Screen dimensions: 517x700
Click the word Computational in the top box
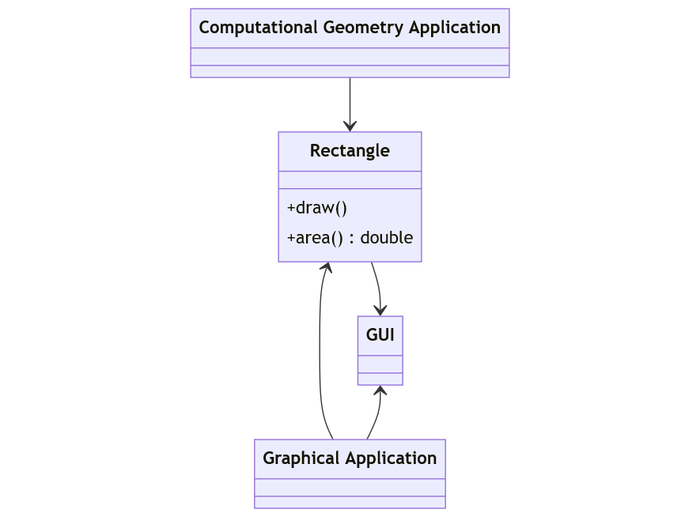259,28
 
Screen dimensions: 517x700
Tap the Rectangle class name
350,150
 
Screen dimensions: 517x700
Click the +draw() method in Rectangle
317,208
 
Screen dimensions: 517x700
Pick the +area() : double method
350,237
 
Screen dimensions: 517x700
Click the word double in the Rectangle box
387,237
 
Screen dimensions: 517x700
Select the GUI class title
380,334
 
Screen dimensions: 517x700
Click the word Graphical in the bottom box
300,459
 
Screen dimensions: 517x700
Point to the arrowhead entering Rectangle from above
350,126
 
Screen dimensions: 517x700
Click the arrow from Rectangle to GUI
377,285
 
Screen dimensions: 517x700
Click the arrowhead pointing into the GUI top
380,311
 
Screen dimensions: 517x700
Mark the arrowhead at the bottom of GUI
380,391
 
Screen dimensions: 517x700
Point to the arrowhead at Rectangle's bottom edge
325,268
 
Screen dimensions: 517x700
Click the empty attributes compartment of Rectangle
350,180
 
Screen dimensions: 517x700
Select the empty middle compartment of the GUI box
380,364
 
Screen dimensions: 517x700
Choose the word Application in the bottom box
394,459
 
